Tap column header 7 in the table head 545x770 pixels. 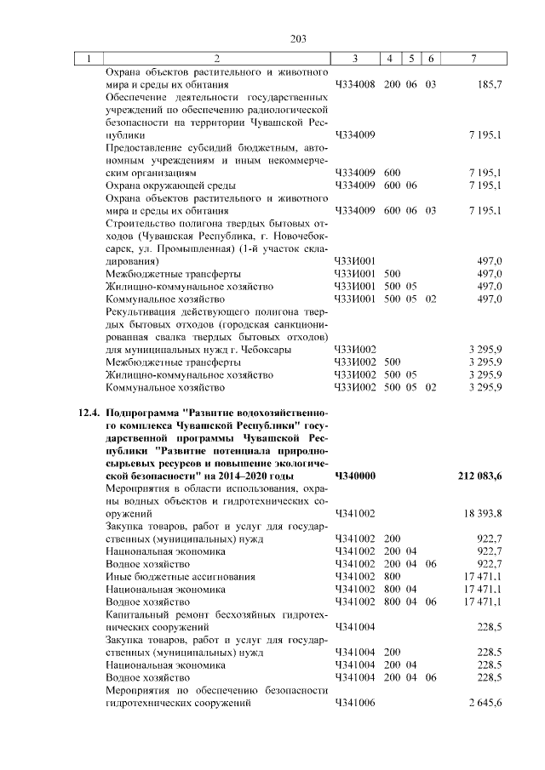click(473, 59)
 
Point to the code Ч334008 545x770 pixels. click(356, 85)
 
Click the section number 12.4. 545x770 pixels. click(88, 414)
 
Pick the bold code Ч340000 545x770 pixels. click(356, 476)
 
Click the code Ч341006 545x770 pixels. click(356, 704)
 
